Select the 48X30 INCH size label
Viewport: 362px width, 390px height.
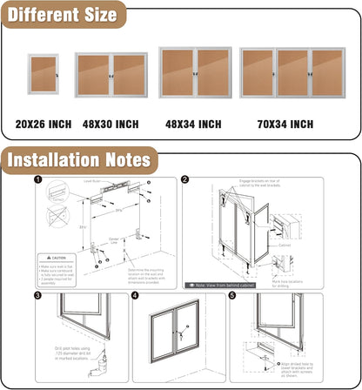110,124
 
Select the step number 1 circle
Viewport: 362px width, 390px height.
37,181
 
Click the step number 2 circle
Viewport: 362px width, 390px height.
185,180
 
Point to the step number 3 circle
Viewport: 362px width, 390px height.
37,295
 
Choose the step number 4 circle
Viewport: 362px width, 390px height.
136,295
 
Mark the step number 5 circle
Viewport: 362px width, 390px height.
231,295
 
